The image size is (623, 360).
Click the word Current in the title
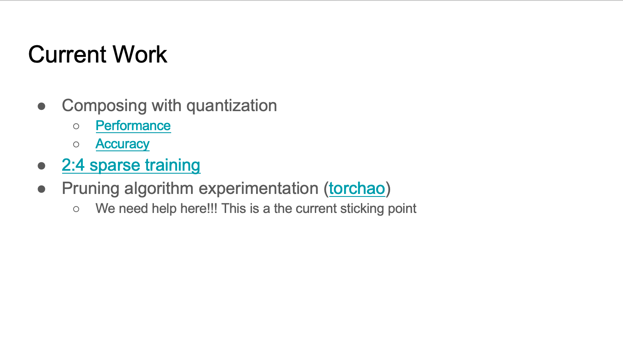point(67,54)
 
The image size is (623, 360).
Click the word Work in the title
point(139,54)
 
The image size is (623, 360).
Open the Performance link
point(133,125)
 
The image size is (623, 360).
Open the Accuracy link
point(123,144)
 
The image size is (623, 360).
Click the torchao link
point(357,188)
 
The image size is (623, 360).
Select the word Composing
point(104,106)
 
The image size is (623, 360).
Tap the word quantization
point(232,106)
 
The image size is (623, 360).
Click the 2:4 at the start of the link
point(73,165)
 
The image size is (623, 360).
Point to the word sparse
point(115,166)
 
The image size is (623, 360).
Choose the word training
point(172,165)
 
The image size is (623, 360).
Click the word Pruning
point(91,189)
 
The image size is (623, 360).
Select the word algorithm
point(159,189)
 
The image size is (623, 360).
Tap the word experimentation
point(259,189)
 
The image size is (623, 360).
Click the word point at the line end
point(402,209)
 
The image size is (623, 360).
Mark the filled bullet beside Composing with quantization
point(41,106)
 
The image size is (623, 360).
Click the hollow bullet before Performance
point(76,126)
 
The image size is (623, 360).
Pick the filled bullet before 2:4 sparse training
point(41,166)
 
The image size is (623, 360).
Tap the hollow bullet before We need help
point(76,209)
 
